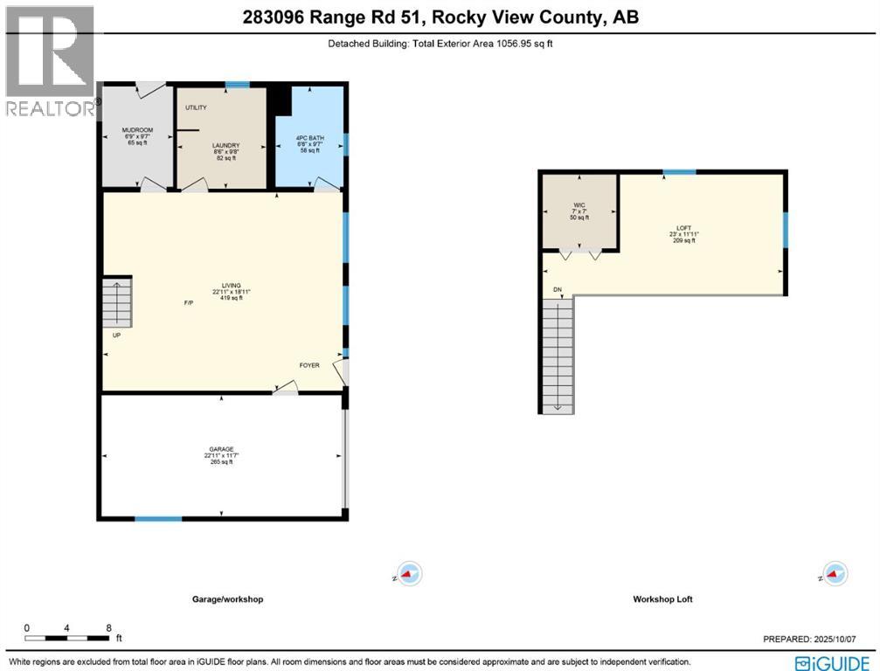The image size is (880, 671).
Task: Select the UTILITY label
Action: tap(197, 107)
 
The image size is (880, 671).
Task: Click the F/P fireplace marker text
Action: tap(188, 303)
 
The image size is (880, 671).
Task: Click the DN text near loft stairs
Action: tap(557, 289)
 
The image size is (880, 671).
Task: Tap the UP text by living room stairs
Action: tap(115, 335)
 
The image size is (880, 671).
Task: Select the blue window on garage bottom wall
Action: tap(158, 519)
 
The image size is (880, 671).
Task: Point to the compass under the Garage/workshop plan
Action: tap(408, 574)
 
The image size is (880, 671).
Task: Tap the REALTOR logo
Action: tap(50, 61)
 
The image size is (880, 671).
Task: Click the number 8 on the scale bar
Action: tap(108, 628)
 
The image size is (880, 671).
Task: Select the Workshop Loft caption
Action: tap(662, 599)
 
